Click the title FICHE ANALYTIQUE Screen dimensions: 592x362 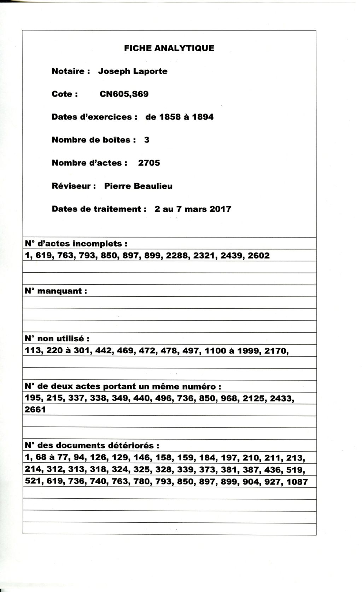point(169,48)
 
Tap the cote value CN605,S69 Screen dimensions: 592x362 point(124,94)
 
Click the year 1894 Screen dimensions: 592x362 point(203,117)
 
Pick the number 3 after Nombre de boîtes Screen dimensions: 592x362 point(147,140)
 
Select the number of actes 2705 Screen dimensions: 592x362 point(149,163)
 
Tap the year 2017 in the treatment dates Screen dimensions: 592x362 point(220,209)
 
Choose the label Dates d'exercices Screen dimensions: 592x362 point(94,117)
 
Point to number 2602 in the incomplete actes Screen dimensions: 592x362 point(258,255)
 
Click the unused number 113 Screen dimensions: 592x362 point(33,350)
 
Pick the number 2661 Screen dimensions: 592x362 point(35,410)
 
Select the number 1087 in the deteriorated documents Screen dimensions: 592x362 point(297,482)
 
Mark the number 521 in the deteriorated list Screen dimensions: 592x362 point(33,482)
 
